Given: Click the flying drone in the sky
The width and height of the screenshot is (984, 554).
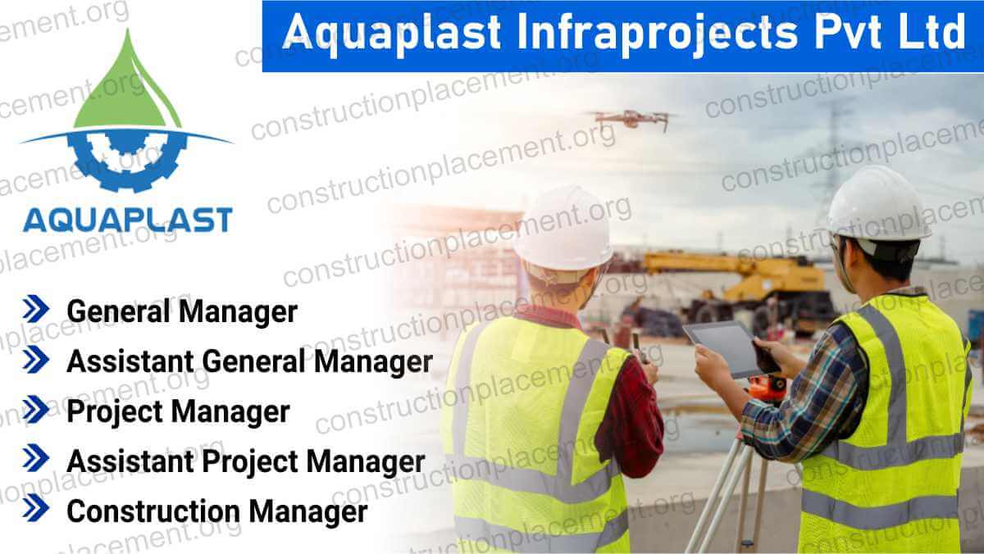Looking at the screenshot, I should pyautogui.click(x=631, y=119).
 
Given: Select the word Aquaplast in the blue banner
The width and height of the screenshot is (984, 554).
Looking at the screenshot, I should pyautogui.click(x=394, y=34).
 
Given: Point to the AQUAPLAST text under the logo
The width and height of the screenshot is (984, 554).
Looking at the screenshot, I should pyautogui.click(x=127, y=220).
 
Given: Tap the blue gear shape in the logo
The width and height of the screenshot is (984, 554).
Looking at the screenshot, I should pyautogui.click(x=127, y=160).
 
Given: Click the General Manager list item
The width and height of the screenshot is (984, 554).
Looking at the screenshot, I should pyautogui.click(x=181, y=311).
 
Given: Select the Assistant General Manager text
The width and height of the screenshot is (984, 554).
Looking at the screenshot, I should pyautogui.click(x=249, y=361).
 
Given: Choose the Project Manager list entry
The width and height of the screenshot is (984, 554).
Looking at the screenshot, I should pyautogui.click(x=178, y=411).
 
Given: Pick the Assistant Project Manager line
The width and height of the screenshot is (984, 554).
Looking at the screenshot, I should pyautogui.click(x=245, y=461).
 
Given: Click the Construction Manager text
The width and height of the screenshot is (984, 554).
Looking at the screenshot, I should pyautogui.click(x=217, y=511).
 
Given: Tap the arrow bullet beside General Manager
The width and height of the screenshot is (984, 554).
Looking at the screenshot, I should pyautogui.click(x=36, y=311).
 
